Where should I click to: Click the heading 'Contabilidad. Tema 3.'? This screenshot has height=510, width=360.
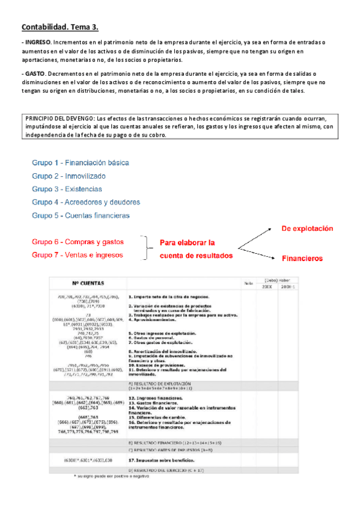[60, 27]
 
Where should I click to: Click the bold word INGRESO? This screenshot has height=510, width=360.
[38, 43]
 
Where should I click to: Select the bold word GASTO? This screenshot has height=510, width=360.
[35, 73]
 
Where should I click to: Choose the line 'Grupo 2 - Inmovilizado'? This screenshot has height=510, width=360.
[69, 176]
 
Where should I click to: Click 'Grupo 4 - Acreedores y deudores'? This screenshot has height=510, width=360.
[86, 202]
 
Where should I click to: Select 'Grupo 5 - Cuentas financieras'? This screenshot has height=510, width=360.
[81, 215]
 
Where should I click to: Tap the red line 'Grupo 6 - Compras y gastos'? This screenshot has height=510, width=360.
[78, 242]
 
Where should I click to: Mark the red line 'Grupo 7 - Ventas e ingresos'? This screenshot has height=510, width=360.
[78, 255]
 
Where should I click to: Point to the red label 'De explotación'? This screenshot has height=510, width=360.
[307, 229]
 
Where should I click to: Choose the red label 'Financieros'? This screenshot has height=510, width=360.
[302, 259]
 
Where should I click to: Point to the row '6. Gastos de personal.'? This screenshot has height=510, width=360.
[151, 337]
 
